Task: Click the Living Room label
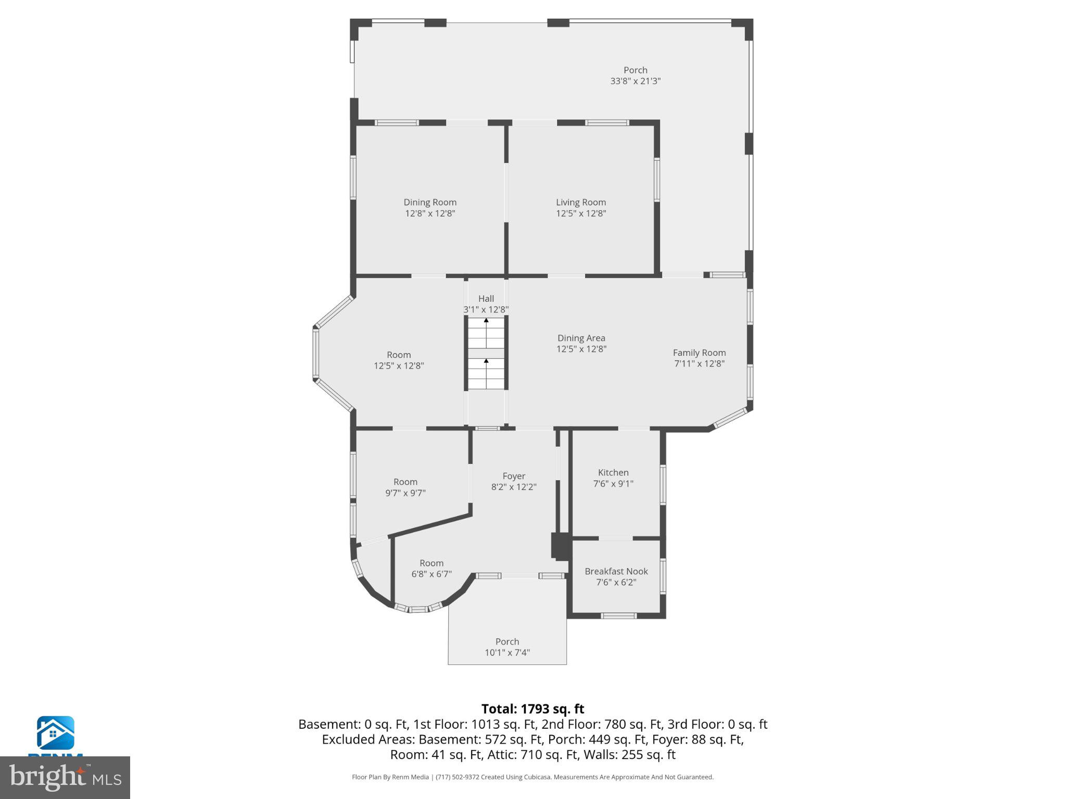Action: point(580,202)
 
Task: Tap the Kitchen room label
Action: point(613,472)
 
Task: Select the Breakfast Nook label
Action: point(616,571)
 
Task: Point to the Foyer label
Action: point(514,476)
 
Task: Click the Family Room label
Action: point(699,353)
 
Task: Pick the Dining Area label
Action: point(581,338)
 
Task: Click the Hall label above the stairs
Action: point(486,299)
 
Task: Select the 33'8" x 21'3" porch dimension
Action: point(635,81)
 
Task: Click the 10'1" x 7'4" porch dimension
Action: point(507,653)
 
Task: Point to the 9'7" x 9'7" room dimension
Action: point(405,493)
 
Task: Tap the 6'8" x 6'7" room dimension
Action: point(431,574)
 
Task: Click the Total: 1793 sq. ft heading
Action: point(532,709)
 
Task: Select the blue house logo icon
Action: point(55,733)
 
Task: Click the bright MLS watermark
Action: point(65,777)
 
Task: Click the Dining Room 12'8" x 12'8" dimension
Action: point(430,213)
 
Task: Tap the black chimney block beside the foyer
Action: point(561,546)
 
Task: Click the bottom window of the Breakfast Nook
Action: point(618,616)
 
